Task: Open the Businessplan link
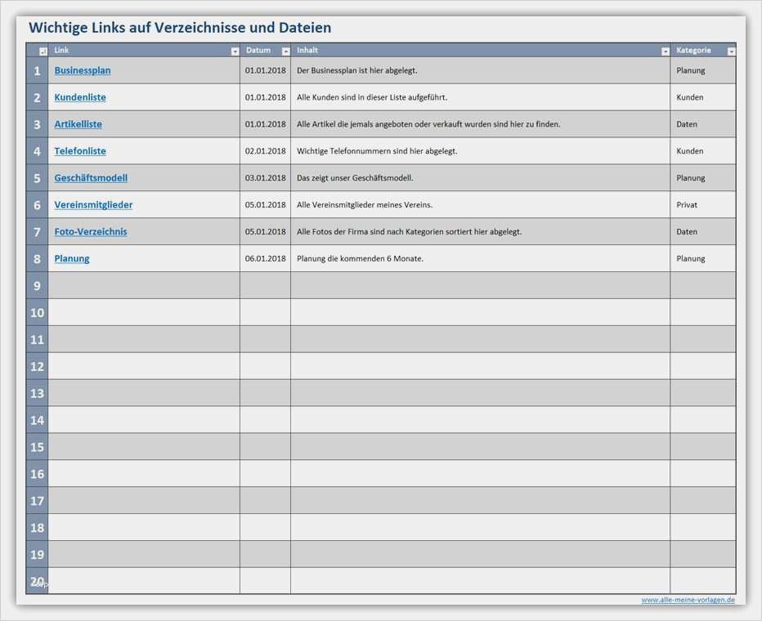[x=83, y=70]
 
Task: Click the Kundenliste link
[x=80, y=97]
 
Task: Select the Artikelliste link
[x=78, y=124]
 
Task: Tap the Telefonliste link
[x=80, y=151]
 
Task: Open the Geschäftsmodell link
[x=91, y=178]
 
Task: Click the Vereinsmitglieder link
[x=93, y=205]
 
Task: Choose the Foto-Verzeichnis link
[x=91, y=232]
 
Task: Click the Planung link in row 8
[x=72, y=259]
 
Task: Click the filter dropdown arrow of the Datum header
[x=285, y=51]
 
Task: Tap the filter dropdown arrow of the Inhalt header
[x=665, y=51]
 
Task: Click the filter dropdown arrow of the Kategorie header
[x=731, y=51]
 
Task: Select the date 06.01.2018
[x=266, y=259]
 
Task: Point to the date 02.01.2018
[x=266, y=151]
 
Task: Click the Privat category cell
[x=687, y=205]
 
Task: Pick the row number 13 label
[x=38, y=394]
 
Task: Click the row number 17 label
[x=38, y=501]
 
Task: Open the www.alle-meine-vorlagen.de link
[x=688, y=600]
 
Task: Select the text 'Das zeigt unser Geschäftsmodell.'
[x=355, y=178]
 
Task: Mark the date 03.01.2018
[x=266, y=178]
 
